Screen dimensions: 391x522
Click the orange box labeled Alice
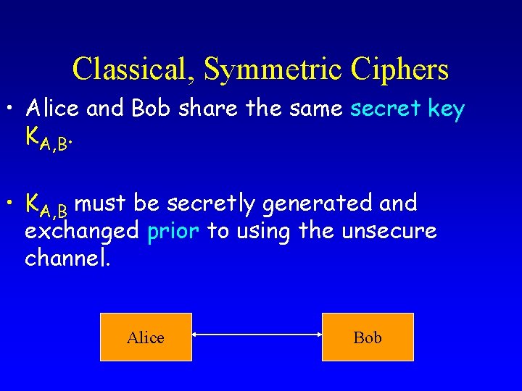[x=146, y=337]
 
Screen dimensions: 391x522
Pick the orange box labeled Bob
[x=368, y=337]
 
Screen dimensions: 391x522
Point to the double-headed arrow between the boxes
[x=257, y=335]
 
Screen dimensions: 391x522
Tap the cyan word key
[x=444, y=109]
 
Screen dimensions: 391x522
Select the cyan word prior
[x=173, y=231]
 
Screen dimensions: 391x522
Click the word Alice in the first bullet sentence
[x=52, y=109]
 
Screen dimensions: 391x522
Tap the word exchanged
[x=82, y=232]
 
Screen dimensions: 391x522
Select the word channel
[x=67, y=258]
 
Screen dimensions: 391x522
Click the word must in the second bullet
[x=101, y=204]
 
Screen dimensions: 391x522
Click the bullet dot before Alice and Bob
[x=12, y=109]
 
